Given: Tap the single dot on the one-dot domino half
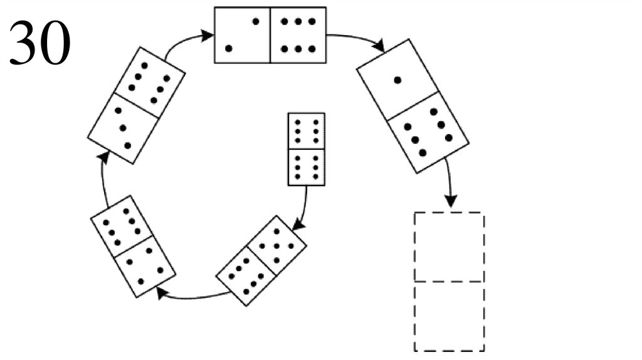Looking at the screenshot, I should tap(397, 80).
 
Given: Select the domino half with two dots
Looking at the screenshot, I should tap(243, 35).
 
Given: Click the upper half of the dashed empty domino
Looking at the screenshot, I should tap(449, 247).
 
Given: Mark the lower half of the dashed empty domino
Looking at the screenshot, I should tap(449, 316).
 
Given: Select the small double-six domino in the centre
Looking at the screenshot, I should tap(306, 149).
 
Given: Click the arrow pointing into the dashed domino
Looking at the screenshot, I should tap(450, 185).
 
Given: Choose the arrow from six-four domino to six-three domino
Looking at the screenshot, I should tap(103, 179).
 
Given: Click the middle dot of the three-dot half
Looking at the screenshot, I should tap(122, 128).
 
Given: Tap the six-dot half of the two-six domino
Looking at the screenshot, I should tap(298, 35).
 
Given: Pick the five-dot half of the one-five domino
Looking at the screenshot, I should tap(428, 132).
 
